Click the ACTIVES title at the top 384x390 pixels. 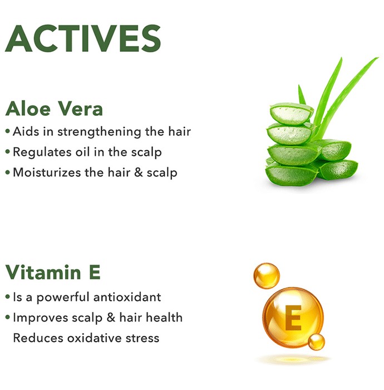(83, 38)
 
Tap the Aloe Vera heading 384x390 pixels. (54, 109)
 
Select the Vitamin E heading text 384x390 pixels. (53, 272)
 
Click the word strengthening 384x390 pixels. (99, 132)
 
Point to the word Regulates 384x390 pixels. (42, 153)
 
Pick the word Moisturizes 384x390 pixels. (47, 172)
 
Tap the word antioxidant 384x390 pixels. (127, 297)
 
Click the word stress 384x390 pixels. (142, 339)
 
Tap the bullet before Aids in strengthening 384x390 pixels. (8, 131)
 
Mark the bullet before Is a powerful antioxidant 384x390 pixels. (8, 297)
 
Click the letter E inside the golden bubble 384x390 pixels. (293, 318)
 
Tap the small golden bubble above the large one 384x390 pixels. (267, 276)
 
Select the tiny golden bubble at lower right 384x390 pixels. (317, 342)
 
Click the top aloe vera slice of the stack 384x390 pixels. (292, 114)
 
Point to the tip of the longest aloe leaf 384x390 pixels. (378, 58)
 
